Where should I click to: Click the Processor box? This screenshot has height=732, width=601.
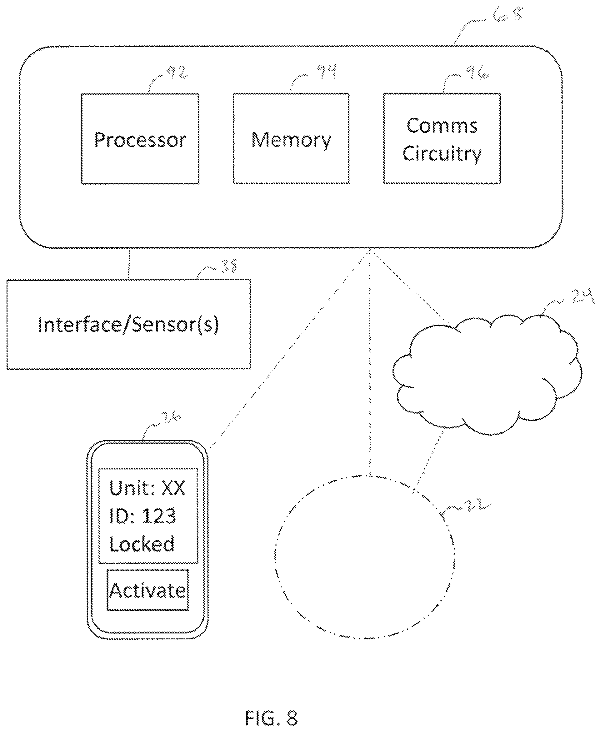pos(140,139)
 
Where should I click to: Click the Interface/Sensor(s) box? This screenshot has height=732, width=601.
pos(129,325)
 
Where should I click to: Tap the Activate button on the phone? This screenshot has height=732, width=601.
pos(148,590)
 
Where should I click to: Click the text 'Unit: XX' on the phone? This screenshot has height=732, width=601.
pos(148,488)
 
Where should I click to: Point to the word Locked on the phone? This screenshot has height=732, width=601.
pos(142,544)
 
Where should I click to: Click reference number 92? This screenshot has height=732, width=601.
pos(177,72)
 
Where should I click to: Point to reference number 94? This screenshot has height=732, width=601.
pos(327,71)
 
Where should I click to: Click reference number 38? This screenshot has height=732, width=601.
pos(229,266)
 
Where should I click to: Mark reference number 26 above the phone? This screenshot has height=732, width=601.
pos(171,417)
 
